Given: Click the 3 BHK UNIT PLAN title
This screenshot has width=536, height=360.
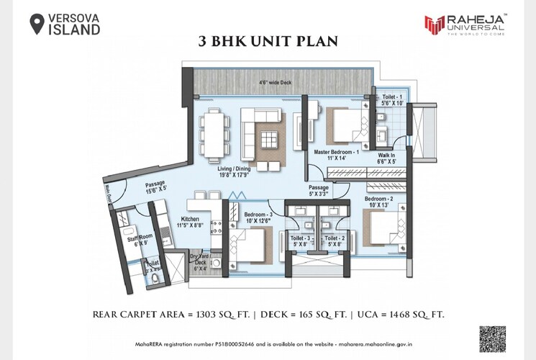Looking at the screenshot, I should click(268, 41).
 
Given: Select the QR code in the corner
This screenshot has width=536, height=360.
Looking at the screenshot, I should click(492, 338).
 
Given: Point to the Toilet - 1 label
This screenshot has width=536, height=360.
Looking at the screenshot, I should click(392, 96).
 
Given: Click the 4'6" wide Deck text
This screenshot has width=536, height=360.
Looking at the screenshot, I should click(275, 83).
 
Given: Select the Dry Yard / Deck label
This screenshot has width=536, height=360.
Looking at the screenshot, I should click(199, 260).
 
